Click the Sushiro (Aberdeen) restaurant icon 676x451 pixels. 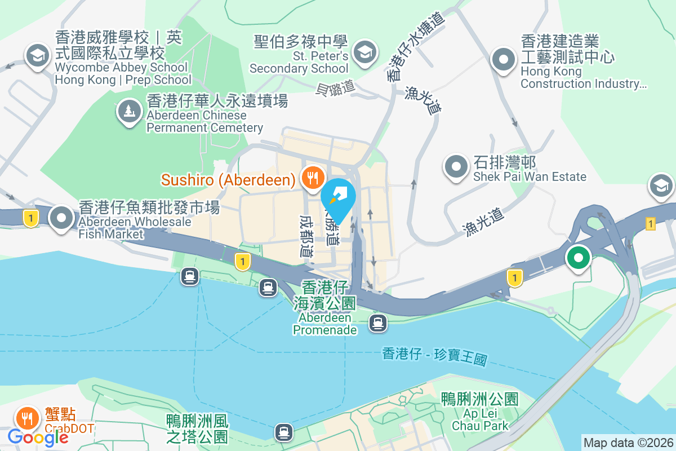[x=310, y=178]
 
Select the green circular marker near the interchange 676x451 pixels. [x=578, y=258]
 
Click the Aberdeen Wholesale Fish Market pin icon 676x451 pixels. [x=61, y=217]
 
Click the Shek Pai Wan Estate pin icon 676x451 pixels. [x=456, y=167]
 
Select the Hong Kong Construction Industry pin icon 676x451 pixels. [x=503, y=59]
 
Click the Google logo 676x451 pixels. [x=38, y=437]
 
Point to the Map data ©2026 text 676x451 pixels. [x=628, y=443]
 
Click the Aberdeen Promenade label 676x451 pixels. [x=324, y=324]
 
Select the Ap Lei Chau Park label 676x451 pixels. [x=480, y=419]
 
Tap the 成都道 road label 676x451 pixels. [x=306, y=235]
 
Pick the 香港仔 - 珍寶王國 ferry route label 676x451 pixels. [x=434, y=356]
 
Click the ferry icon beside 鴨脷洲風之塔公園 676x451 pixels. [x=283, y=432]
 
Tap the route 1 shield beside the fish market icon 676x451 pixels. [x=30, y=218]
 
